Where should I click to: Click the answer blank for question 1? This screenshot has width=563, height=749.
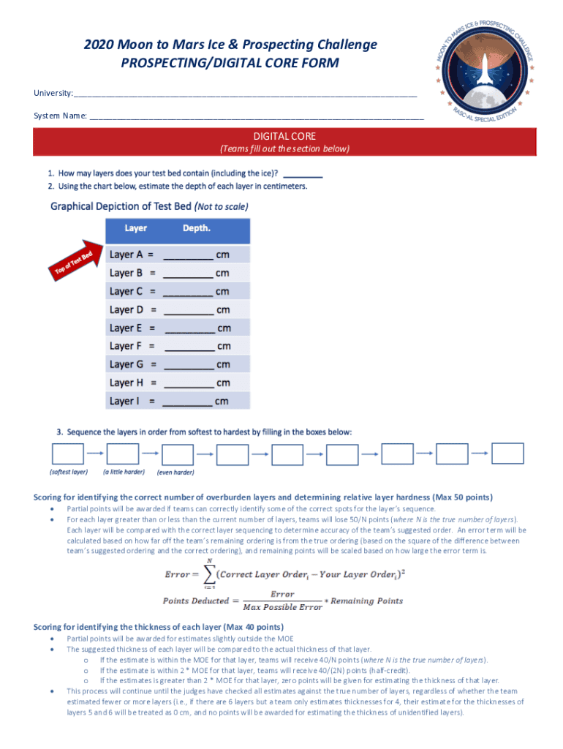pos(302,175)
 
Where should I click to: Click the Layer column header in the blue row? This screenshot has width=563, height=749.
pos(135,228)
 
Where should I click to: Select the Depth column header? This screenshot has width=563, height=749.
pos(196,228)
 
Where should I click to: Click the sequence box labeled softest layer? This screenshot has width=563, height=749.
pos(67,454)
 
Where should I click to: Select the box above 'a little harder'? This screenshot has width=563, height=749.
pos(123,454)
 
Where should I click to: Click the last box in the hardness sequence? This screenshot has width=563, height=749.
pos(507,453)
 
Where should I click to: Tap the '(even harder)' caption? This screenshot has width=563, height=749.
pos(175,473)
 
